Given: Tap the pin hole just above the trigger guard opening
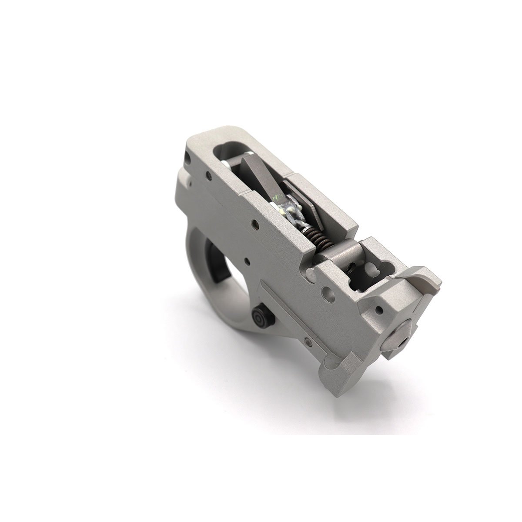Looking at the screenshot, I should (248, 262).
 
